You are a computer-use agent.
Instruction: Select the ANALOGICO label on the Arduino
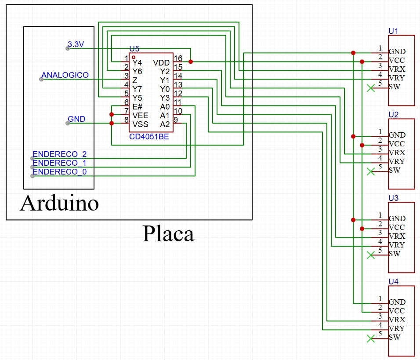(x=65, y=75)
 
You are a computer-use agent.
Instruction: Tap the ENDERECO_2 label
(x=60, y=154)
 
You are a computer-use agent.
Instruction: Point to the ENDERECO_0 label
(x=60, y=172)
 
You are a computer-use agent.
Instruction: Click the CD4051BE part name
(x=149, y=137)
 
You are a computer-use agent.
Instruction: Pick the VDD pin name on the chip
(x=161, y=63)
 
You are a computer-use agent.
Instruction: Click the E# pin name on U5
(x=138, y=107)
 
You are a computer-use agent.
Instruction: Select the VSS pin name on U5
(x=140, y=124)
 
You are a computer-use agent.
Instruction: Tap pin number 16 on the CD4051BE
(x=178, y=58)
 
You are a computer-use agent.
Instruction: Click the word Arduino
(x=59, y=203)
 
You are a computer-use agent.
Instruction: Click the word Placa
(x=168, y=234)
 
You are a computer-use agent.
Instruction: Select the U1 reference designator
(x=393, y=31)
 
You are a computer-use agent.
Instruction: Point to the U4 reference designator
(x=393, y=282)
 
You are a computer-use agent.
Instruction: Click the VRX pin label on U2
(x=397, y=153)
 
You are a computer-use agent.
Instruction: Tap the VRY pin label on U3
(x=397, y=245)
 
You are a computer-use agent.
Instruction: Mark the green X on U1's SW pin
(x=371, y=88)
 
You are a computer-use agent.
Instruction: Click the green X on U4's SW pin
(x=371, y=338)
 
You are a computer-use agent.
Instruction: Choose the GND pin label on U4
(x=397, y=302)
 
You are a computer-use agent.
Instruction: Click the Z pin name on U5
(x=135, y=80)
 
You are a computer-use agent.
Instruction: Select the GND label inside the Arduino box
(x=76, y=119)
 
